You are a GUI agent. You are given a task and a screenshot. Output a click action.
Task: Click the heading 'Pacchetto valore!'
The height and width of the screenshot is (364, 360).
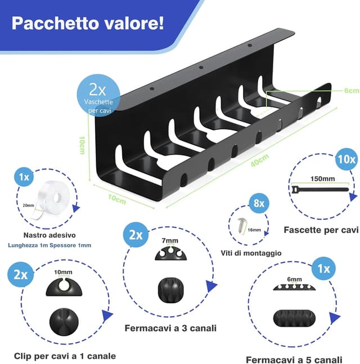pyautogui.click(x=88, y=24)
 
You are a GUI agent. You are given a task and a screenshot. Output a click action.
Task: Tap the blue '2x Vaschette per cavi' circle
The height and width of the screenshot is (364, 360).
pyautogui.click(x=102, y=96)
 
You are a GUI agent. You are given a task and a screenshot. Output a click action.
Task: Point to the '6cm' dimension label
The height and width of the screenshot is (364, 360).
pyautogui.click(x=352, y=90)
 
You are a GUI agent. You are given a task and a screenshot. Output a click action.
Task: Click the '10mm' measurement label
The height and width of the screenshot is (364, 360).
pyautogui.click(x=64, y=272)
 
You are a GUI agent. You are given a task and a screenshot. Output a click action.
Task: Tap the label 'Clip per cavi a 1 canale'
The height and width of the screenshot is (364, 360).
pyautogui.click(x=66, y=356)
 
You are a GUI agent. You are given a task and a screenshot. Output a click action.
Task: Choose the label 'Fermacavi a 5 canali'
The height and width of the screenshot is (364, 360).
pyautogui.click(x=293, y=359)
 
